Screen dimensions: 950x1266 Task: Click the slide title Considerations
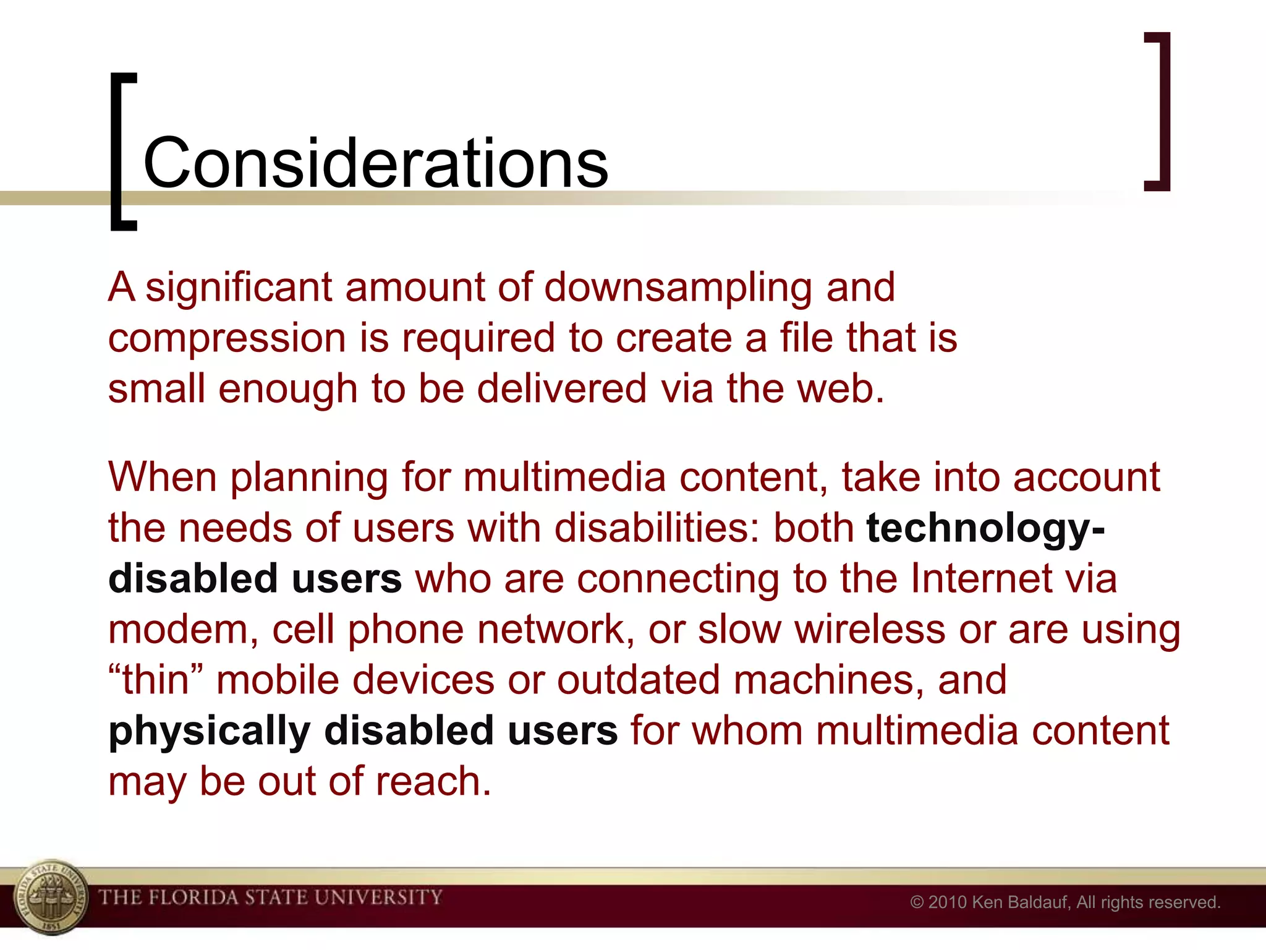click(x=375, y=163)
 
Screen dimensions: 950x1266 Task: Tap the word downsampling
click(x=678, y=289)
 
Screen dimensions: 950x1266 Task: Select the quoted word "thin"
click(x=156, y=680)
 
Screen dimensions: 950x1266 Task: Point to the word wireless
click(x=870, y=630)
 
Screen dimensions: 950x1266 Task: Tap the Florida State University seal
click(x=51, y=897)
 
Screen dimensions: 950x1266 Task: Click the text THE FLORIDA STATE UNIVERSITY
click(x=271, y=897)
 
